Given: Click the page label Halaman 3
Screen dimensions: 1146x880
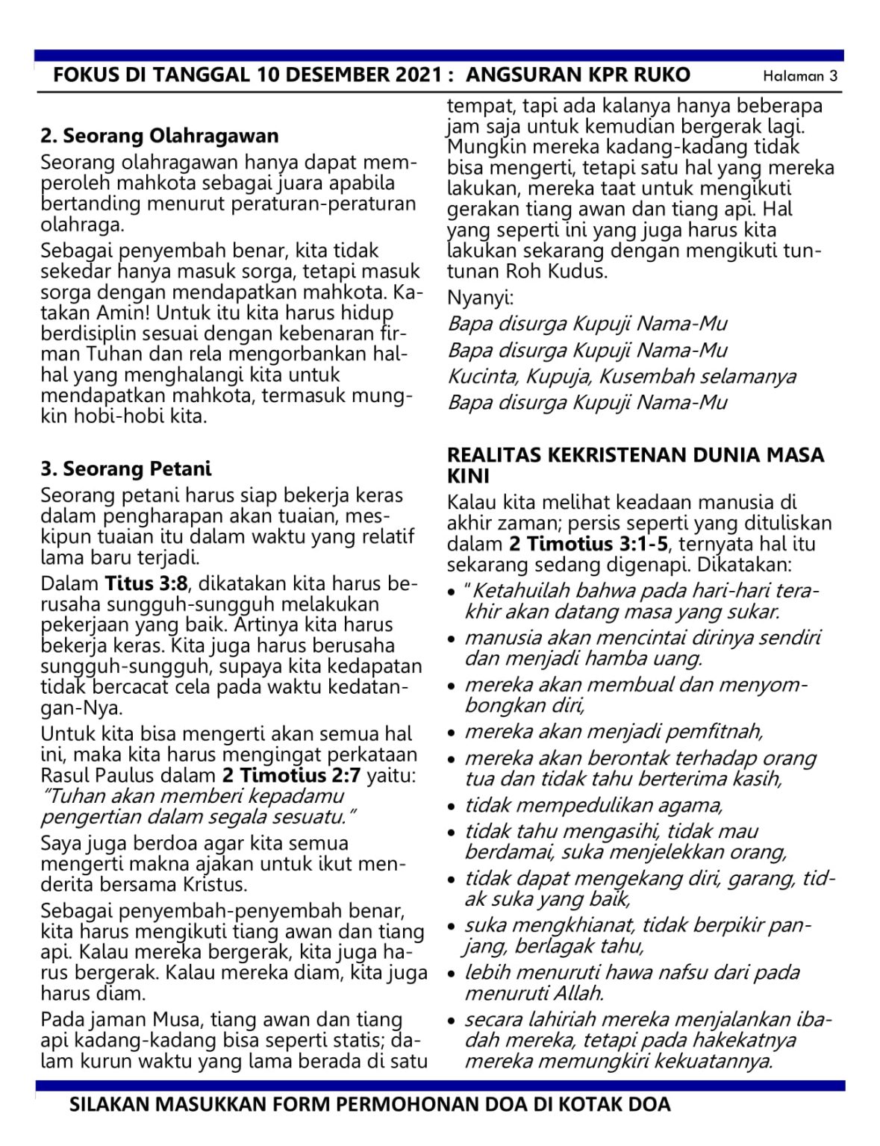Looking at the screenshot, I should point(799,76).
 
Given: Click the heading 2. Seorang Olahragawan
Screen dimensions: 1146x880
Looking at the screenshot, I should point(159,136).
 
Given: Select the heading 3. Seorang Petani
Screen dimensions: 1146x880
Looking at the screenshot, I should point(126,469).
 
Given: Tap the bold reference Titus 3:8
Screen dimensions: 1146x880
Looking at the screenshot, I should point(146,583).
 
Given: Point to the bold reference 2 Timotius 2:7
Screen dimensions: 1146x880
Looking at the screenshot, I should point(291,775).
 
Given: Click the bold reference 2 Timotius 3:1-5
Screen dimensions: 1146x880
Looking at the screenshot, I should point(589,544).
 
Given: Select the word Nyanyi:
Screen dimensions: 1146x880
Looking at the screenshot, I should point(480,298).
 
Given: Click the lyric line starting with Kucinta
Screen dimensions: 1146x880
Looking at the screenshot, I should point(621,376).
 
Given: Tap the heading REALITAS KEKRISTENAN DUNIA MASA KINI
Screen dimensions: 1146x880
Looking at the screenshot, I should point(634,465).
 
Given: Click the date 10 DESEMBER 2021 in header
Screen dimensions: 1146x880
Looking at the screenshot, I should point(351,75).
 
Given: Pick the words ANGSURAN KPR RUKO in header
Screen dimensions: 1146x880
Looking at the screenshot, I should point(578,75).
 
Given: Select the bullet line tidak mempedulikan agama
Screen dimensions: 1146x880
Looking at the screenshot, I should point(593,805).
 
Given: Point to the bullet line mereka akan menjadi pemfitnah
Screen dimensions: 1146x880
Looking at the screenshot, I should point(614,731).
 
